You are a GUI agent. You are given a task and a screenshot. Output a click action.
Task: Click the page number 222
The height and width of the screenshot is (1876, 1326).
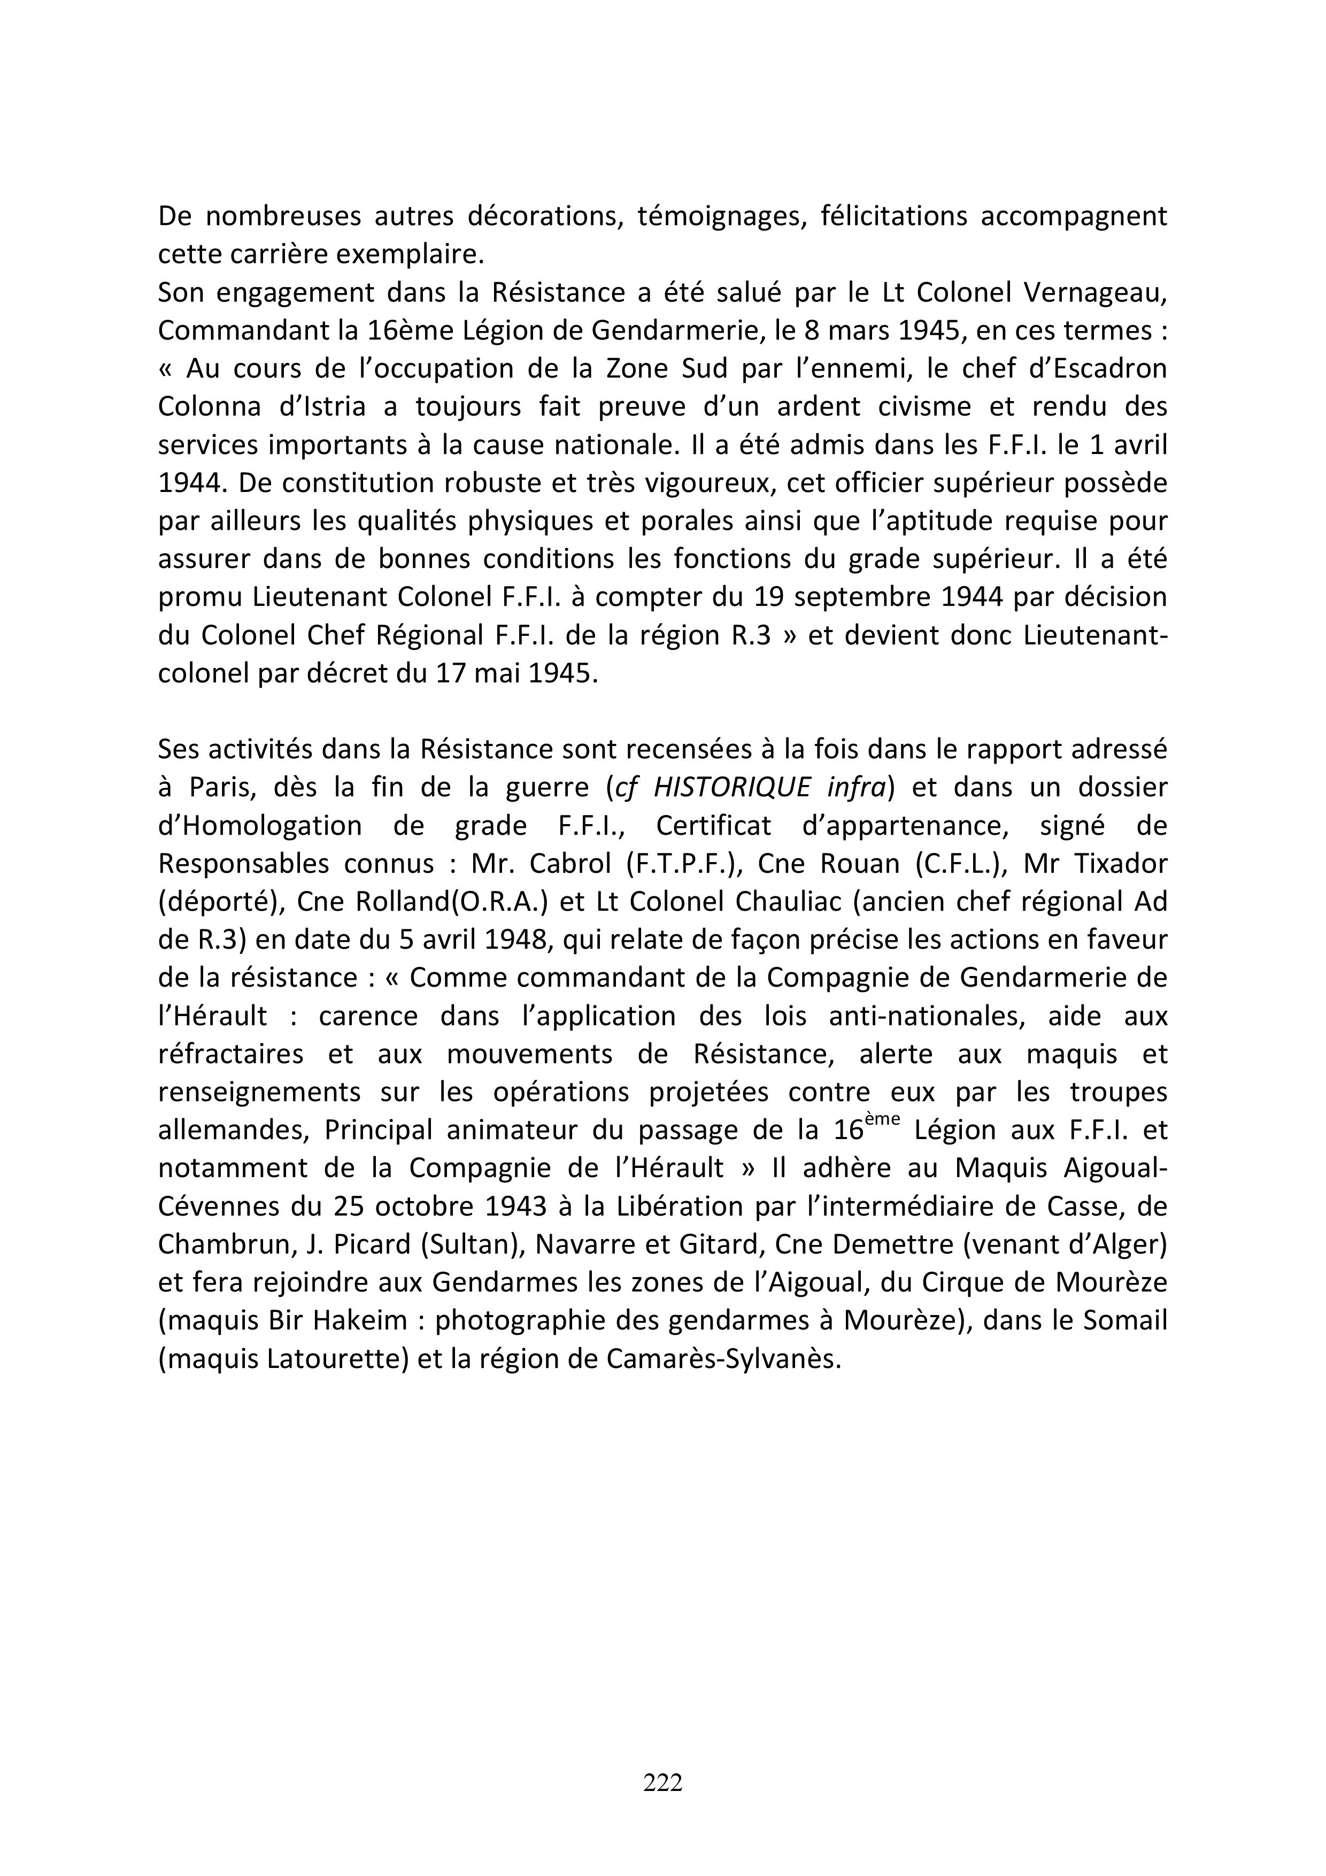click(x=662, y=1782)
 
